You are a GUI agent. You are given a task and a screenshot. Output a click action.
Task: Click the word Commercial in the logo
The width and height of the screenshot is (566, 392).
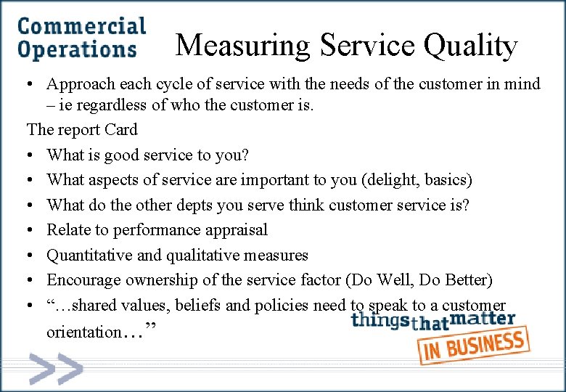(81, 27)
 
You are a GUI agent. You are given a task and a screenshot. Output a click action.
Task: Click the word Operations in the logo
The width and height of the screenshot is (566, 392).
(77, 50)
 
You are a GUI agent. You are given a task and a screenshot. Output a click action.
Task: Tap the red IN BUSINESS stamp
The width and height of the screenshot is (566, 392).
(473, 345)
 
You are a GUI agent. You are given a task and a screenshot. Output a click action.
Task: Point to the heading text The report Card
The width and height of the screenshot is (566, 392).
(82, 130)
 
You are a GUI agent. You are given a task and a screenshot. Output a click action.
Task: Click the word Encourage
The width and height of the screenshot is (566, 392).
(83, 279)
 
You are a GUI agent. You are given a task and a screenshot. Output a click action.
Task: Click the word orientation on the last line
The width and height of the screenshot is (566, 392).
(83, 332)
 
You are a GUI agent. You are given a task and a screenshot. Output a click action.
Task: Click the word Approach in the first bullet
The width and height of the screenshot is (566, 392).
(77, 84)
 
